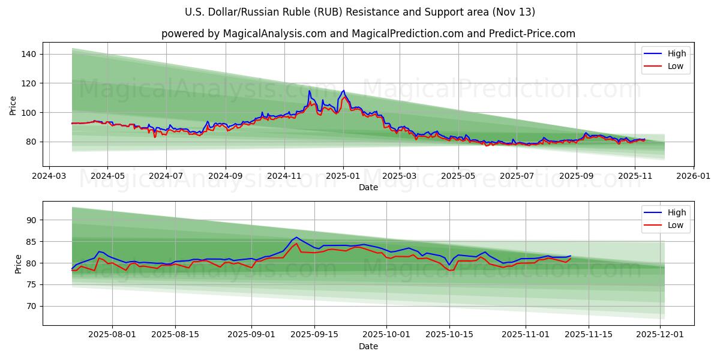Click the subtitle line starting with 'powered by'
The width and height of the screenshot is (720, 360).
click(368, 34)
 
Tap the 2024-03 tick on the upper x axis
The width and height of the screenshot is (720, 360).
click(49, 176)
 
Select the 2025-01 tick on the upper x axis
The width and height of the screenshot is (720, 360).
click(343, 176)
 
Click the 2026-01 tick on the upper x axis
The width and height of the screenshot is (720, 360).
click(694, 176)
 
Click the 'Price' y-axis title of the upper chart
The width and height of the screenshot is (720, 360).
click(13, 105)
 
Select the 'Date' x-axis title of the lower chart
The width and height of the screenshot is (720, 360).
click(368, 347)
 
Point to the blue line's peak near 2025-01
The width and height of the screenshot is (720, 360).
click(343, 91)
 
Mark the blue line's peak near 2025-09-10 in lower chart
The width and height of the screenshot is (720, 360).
click(296, 237)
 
